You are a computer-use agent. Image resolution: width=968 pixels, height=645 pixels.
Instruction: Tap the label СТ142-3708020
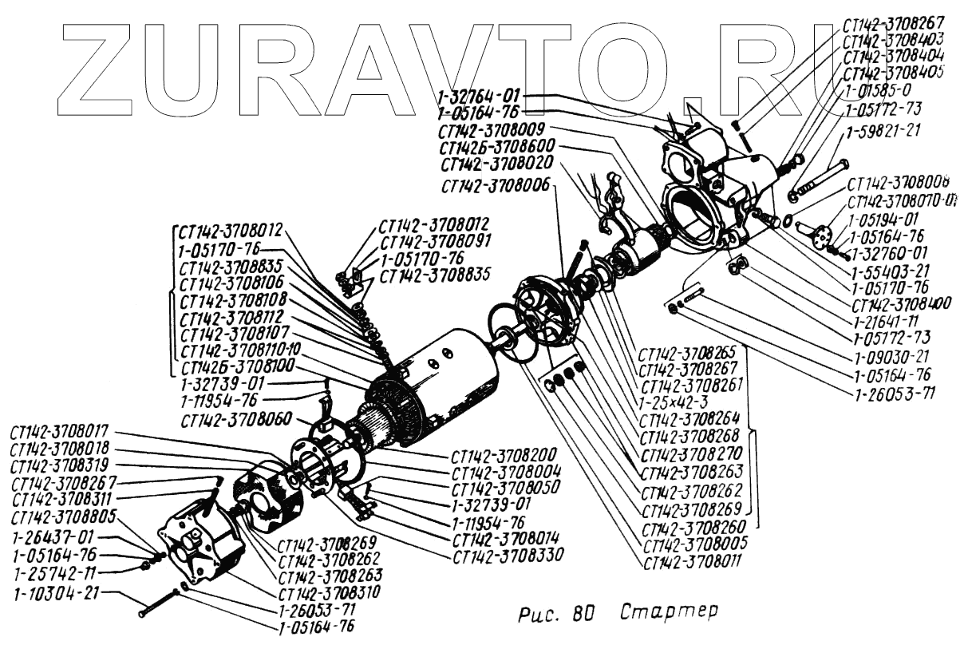(495, 164)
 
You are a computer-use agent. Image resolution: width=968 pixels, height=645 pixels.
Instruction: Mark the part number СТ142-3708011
(692, 560)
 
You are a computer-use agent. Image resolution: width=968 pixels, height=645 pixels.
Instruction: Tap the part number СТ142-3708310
(329, 593)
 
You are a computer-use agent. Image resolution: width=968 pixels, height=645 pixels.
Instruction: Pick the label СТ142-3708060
(235, 420)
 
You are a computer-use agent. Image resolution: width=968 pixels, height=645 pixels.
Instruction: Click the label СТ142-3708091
(434, 241)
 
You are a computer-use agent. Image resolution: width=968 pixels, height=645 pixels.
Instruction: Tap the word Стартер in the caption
(669, 613)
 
